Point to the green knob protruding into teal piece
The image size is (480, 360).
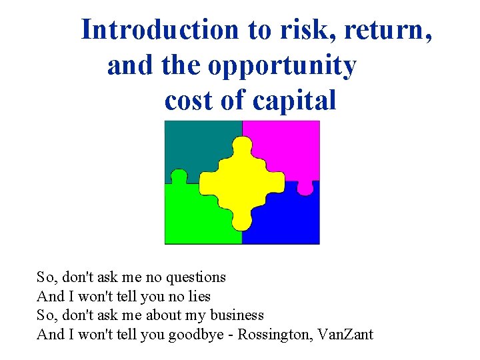pyautogui.click(x=179, y=177)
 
